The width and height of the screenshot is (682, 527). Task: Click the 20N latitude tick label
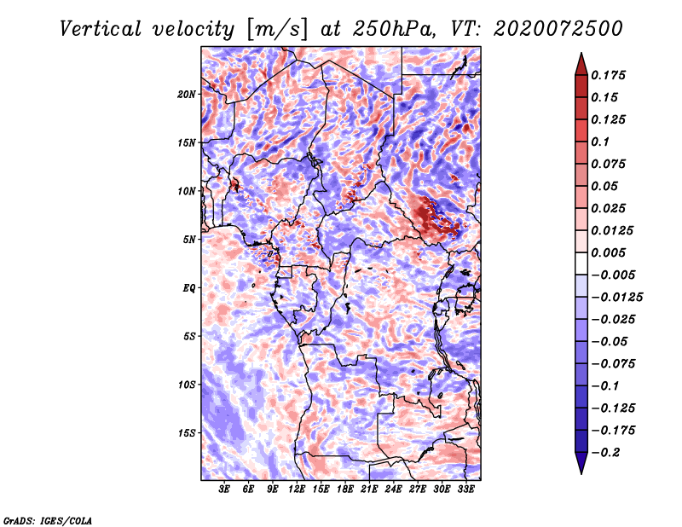pos(188,94)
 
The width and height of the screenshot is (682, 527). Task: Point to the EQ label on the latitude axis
pos(189,288)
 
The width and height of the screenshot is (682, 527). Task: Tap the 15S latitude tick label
pos(188,433)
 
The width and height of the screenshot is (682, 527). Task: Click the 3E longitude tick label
pos(225,489)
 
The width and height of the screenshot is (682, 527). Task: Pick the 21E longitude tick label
pos(369,489)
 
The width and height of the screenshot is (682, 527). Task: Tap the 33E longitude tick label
pos(465,489)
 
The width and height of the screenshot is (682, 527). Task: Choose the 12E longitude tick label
pos(297,489)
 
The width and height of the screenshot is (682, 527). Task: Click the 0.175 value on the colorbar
pos(610,75)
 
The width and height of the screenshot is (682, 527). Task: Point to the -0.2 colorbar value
pos(607,453)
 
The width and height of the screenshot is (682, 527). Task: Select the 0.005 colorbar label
pos(610,253)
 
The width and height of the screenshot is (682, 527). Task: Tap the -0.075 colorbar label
pos(614,364)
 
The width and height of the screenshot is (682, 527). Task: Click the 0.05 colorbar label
pos(606,186)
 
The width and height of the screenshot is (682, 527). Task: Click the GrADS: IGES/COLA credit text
pos(48,519)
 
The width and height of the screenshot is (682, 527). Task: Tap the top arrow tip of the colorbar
pos(581,55)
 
